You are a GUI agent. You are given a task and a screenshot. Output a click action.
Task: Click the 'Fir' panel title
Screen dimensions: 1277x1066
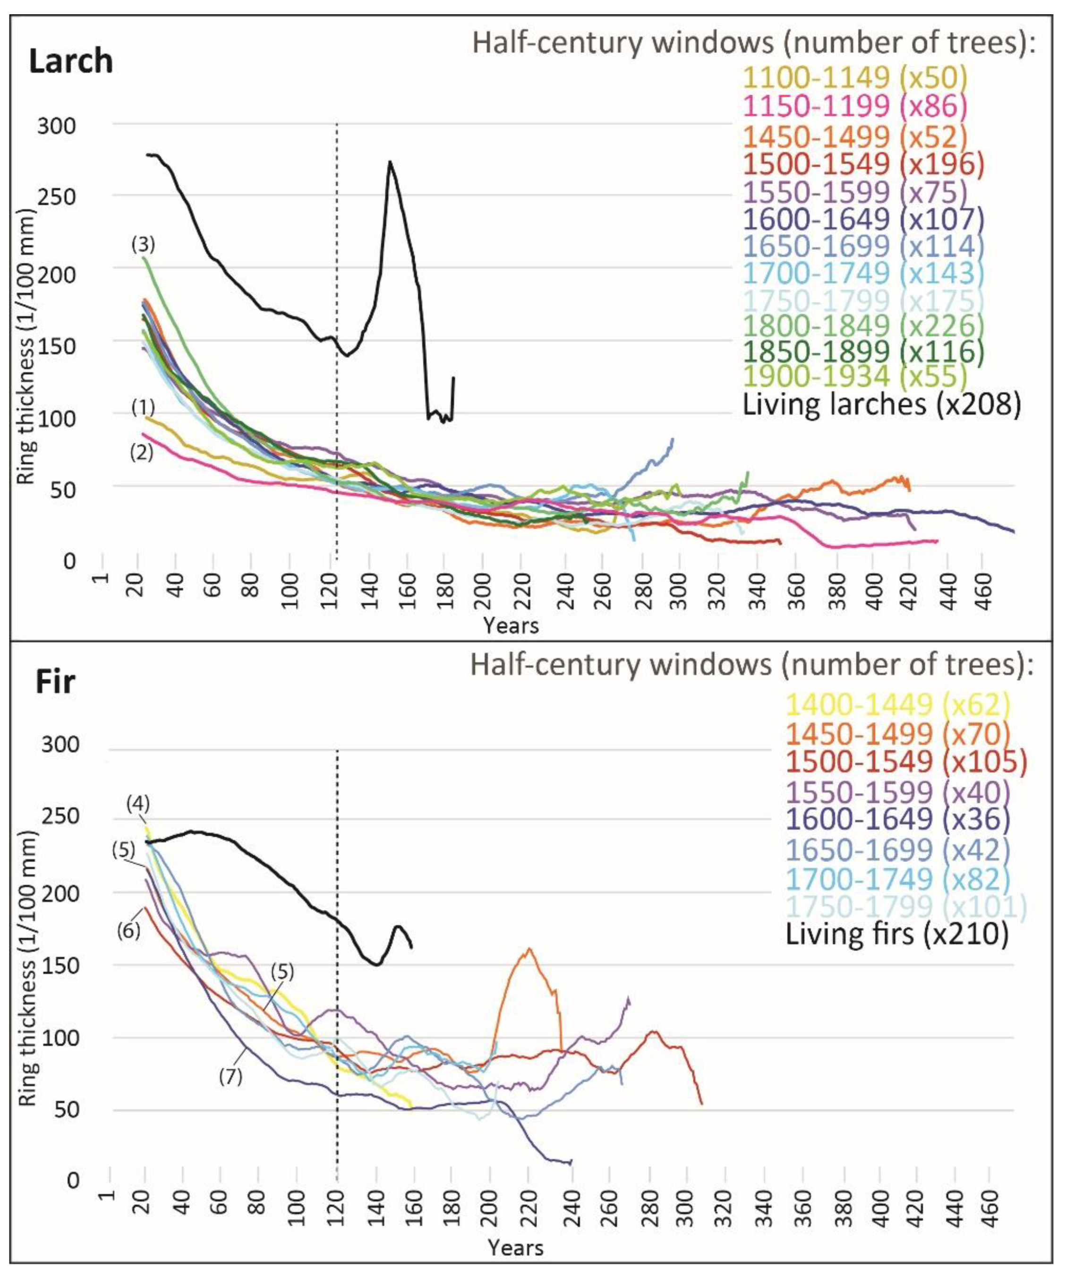click(x=55, y=682)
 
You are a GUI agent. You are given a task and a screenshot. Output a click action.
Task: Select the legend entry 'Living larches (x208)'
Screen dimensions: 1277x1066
click(x=881, y=404)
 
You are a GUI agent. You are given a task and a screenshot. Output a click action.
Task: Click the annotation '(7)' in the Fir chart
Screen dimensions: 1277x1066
click(x=231, y=1076)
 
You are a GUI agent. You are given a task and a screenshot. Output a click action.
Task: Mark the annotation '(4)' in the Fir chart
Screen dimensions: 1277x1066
click(x=138, y=804)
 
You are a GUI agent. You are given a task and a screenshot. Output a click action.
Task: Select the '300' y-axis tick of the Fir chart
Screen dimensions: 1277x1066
click(x=60, y=746)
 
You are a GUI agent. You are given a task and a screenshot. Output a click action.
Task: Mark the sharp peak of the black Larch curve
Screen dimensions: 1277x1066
click(x=390, y=162)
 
